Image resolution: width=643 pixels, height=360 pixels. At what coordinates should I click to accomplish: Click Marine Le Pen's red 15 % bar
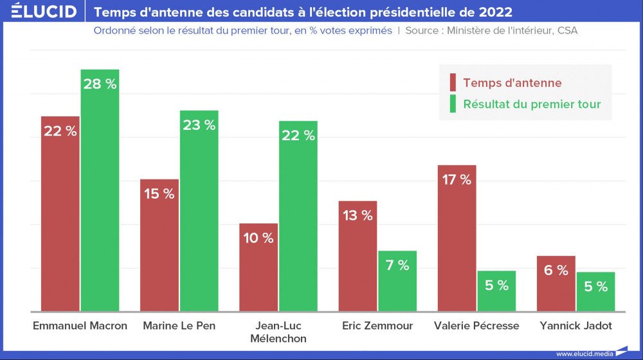pyautogui.click(x=159, y=245)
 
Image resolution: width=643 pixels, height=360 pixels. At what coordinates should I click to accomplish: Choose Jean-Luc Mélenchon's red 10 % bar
pyautogui.click(x=258, y=267)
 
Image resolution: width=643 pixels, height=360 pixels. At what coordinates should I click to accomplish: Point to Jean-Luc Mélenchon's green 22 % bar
pyautogui.click(x=298, y=216)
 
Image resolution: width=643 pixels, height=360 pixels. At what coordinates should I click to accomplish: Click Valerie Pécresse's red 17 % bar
pyautogui.click(x=457, y=238)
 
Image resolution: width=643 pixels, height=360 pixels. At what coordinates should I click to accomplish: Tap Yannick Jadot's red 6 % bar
pyautogui.click(x=556, y=283)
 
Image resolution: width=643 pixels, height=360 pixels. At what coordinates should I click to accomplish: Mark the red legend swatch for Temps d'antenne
pyautogui.click(x=453, y=83)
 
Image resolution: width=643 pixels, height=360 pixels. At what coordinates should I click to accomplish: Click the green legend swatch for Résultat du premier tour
pyautogui.click(x=453, y=104)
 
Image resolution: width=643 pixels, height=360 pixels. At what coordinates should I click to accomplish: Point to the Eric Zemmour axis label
pyautogui.click(x=377, y=326)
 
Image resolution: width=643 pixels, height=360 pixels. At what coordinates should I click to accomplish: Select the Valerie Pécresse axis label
pyautogui.click(x=476, y=326)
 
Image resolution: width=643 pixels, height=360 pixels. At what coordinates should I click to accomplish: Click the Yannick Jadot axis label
pyautogui.click(x=575, y=326)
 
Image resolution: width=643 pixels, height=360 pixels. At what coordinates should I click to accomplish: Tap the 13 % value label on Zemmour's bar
pyautogui.click(x=358, y=216)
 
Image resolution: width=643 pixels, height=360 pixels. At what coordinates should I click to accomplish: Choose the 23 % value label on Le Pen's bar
pyautogui.click(x=199, y=125)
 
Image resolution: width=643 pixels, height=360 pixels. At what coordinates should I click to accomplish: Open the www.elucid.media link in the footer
pyautogui.click(x=584, y=354)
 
